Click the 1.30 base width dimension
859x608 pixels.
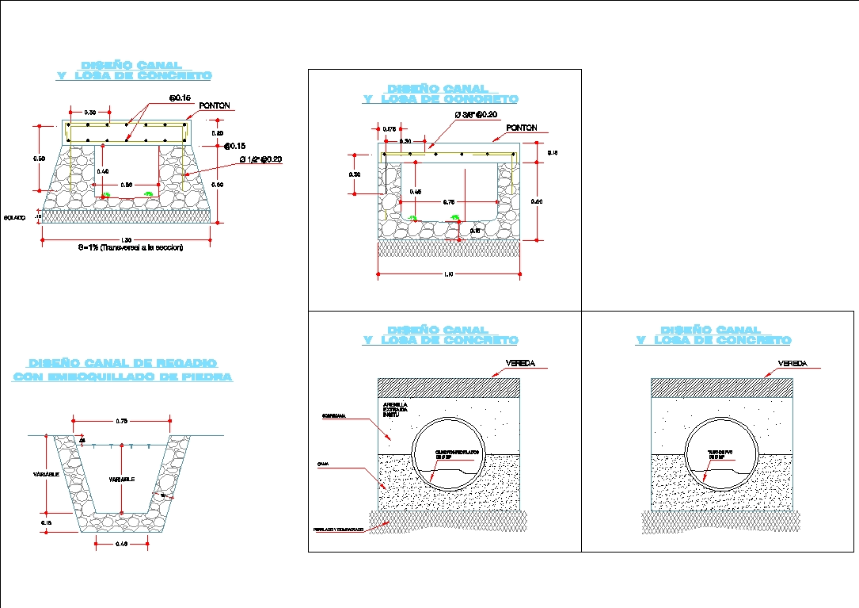coord(126,240)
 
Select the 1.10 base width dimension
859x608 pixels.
coord(448,275)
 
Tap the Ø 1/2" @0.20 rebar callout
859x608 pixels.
coord(260,160)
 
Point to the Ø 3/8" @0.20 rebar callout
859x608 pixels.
coord(475,115)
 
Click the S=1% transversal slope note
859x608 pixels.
coord(131,248)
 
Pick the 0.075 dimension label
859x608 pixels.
coord(389,129)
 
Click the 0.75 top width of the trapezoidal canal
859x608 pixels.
coord(122,421)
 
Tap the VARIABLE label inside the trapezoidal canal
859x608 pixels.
coord(121,480)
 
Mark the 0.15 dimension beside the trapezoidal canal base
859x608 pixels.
coord(46,523)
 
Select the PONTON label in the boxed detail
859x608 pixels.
coord(521,128)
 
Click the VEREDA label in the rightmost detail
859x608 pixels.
coord(792,363)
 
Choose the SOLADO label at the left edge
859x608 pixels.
coord(15,216)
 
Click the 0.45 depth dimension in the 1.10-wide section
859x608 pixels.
coord(416,191)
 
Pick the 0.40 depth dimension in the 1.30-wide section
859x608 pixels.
coord(102,171)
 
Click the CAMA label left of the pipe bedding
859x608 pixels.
coord(324,464)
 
